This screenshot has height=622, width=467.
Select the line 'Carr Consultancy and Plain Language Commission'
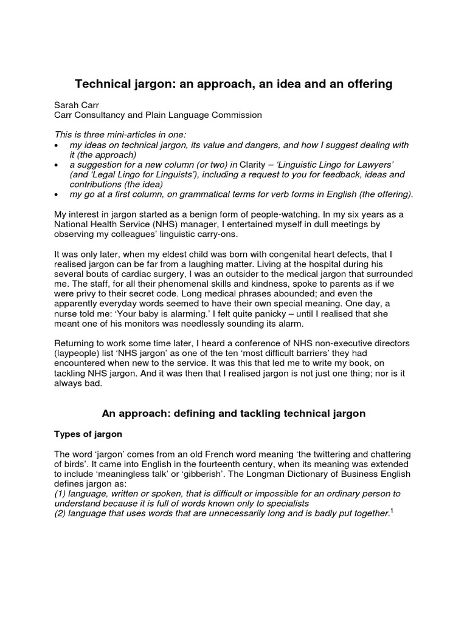[x=157, y=115]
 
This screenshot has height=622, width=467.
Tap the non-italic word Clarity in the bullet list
[x=255, y=165]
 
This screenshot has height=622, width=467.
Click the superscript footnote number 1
[x=392, y=511]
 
